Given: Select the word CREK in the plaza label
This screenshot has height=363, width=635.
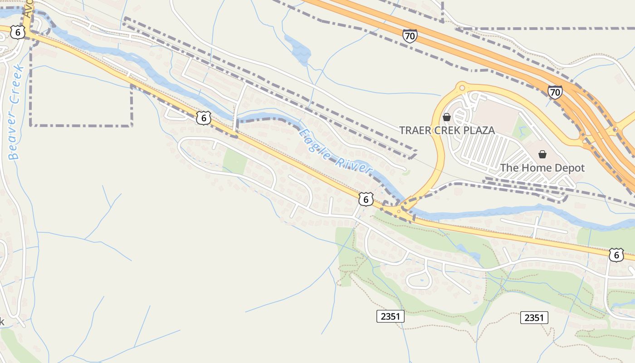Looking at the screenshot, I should click(x=447, y=131).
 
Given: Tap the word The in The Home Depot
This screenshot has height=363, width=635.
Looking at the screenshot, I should click(x=509, y=168).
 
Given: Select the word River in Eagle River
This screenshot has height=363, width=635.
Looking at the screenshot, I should click(x=355, y=167).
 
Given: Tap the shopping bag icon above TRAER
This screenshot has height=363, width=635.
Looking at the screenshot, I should click(x=447, y=118).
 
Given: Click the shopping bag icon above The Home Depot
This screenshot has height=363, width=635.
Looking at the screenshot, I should click(x=542, y=155).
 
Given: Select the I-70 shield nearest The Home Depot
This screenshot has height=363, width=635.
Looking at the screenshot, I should click(x=555, y=92).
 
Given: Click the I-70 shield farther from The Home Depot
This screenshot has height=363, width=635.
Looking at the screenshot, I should click(x=410, y=36).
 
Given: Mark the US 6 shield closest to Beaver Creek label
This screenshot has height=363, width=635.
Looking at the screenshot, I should click(x=17, y=32).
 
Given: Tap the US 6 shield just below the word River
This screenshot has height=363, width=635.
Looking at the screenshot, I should click(x=366, y=199).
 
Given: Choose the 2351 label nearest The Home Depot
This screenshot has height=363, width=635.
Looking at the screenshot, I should click(x=534, y=318).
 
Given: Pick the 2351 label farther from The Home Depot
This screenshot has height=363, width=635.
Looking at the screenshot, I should click(x=390, y=316).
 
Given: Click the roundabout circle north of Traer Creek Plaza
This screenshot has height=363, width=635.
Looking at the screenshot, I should click(x=462, y=86).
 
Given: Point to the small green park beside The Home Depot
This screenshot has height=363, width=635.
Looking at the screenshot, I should click(x=521, y=129).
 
